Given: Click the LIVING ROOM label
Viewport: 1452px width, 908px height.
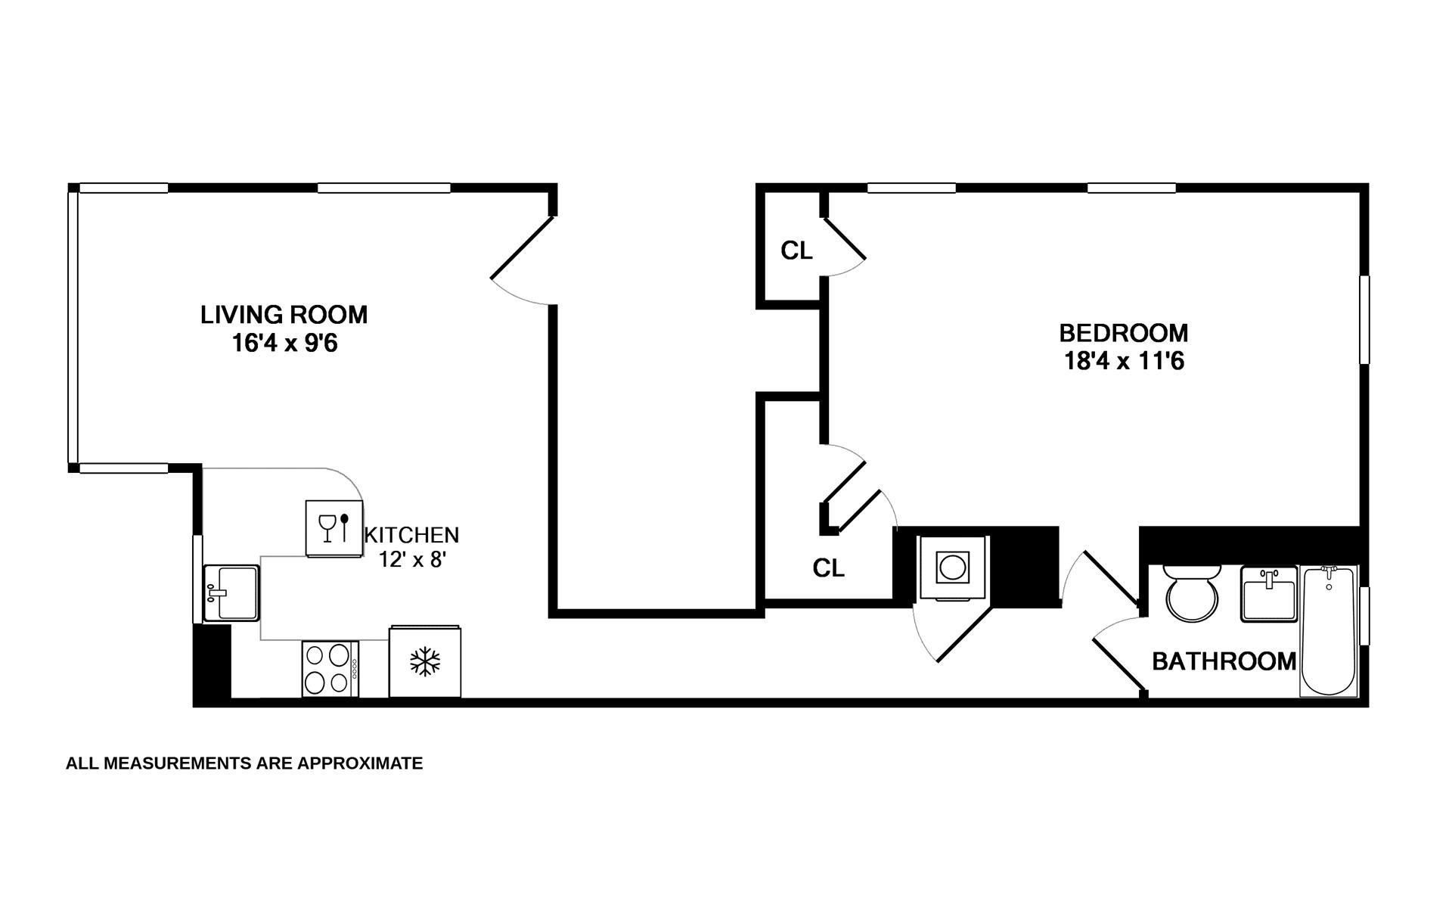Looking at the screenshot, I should click(x=284, y=314).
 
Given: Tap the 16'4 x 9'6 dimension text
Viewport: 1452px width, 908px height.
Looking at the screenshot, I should click(x=284, y=344).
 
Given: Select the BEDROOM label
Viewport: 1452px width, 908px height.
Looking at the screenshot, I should click(x=1123, y=333).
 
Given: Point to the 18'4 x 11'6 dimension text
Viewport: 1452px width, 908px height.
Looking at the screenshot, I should click(x=1123, y=362).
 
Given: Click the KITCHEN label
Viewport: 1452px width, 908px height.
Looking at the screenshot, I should click(x=411, y=535).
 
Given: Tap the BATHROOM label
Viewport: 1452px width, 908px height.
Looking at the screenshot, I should click(x=1224, y=661).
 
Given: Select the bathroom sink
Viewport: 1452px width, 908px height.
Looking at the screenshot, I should click(x=1268, y=594).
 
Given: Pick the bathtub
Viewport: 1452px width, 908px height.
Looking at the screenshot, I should click(x=1329, y=631).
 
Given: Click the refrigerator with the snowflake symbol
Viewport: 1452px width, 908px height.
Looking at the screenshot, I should click(x=424, y=661).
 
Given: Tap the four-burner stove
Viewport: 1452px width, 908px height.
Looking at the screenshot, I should click(x=330, y=669).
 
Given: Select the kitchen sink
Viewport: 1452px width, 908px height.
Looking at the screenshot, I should click(x=231, y=593).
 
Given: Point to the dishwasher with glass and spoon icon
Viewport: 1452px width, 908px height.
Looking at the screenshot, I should click(x=334, y=528).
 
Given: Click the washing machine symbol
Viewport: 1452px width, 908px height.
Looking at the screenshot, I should click(x=952, y=567).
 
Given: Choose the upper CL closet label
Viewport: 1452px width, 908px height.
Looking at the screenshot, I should click(x=796, y=250).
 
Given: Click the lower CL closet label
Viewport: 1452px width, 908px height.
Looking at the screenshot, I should click(x=828, y=568).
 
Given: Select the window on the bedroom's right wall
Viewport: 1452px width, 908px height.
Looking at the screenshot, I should click(x=1364, y=319).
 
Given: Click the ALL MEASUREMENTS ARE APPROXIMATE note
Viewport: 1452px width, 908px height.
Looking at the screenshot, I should click(x=244, y=763).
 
